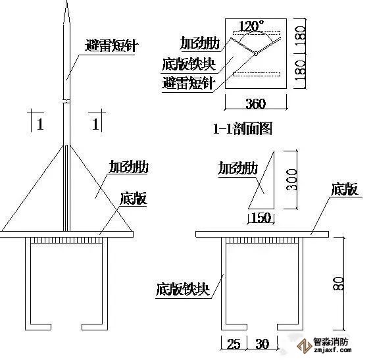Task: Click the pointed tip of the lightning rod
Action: (67, 1)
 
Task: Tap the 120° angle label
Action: (251, 26)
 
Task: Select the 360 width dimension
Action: (255, 103)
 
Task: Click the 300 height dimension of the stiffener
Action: (291, 180)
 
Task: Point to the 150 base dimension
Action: (261, 217)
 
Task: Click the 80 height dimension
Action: (338, 283)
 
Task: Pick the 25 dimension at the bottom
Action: (234, 344)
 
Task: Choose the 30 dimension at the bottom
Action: (262, 344)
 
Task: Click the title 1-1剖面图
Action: (242, 129)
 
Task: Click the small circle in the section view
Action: (255, 54)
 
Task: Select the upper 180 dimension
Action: (300, 37)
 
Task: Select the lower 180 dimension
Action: (300, 71)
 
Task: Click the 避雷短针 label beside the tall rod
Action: (112, 45)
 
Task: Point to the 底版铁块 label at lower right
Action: (183, 289)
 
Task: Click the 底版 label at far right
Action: (344, 190)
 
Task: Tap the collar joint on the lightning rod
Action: (67, 101)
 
